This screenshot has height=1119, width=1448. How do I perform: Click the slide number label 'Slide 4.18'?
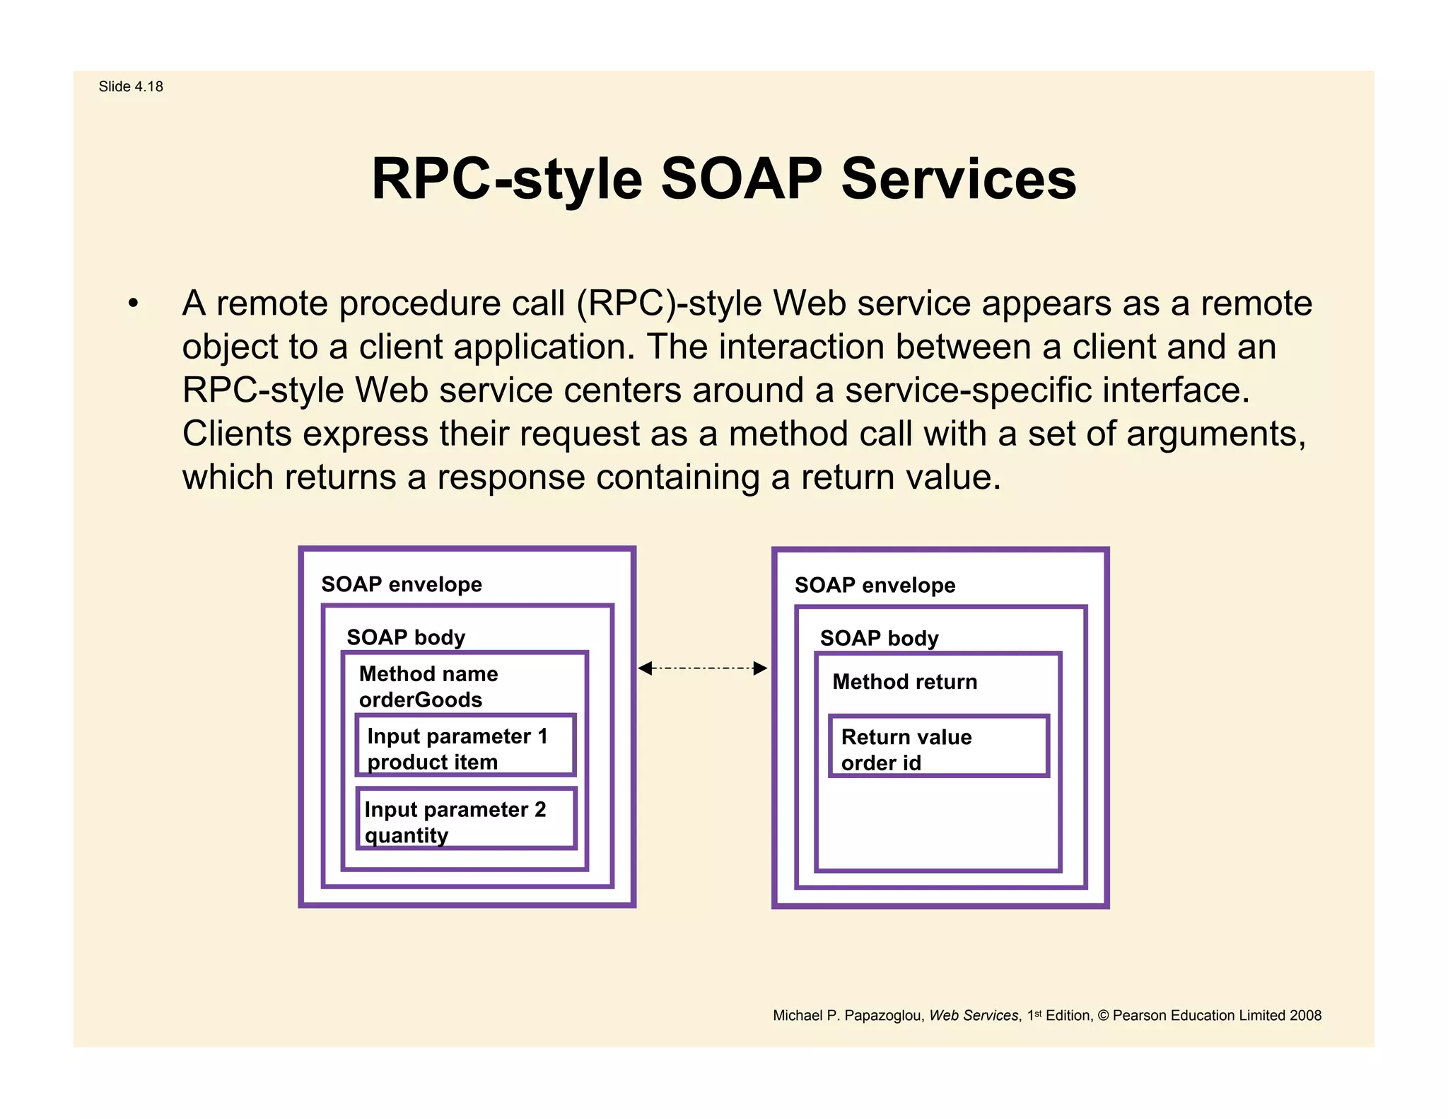pyautogui.click(x=131, y=86)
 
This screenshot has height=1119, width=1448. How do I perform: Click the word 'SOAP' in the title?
pyautogui.click(x=741, y=179)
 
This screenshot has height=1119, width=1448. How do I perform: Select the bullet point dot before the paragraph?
pyautogui.click(x=133, y=304)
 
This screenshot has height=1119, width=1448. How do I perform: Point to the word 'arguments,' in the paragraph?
pyautogui.click(x=1215, y=434)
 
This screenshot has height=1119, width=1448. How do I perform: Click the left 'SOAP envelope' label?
pyautogui.click(x=401, y=584)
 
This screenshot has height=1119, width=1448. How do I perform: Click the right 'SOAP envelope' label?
pyautogui.click(x=875, y=585)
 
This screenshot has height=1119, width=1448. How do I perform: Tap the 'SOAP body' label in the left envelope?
pyautogui.click(x=406, y=637)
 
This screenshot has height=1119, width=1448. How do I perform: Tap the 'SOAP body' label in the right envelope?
pyautogui.click(x=879, y=638)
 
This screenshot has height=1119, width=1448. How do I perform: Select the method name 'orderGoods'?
pyautogui.click(x=420, y=700)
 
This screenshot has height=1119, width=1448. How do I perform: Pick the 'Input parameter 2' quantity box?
pyautogui.click(x=465, y=819)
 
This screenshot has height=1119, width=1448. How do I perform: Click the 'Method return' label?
pyautogui.click(x=904, y=682)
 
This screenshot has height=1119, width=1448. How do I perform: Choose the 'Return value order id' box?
pyautogui.click(x=938, y=747)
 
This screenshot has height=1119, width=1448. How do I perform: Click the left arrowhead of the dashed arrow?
pyautogui.click(x=645, y=668)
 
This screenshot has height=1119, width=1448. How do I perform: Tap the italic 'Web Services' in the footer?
pyautogui.click(x=973, y=1016)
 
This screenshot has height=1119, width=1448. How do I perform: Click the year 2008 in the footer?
pyautogui.click(x=1305, y=1016)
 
